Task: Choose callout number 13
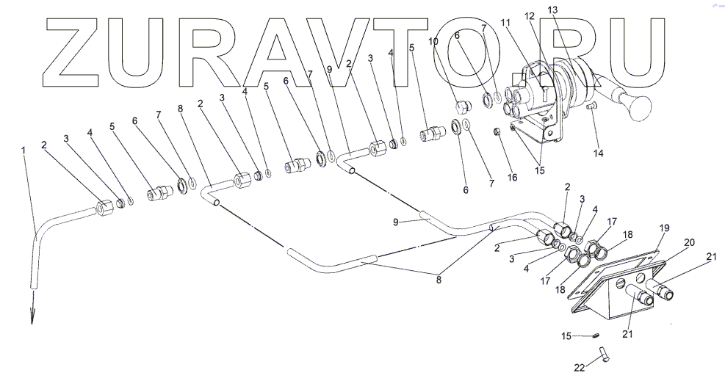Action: (552, 10)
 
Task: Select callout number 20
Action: (689, 242)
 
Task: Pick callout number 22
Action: (580, 367)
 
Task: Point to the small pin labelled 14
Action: (592, 109)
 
